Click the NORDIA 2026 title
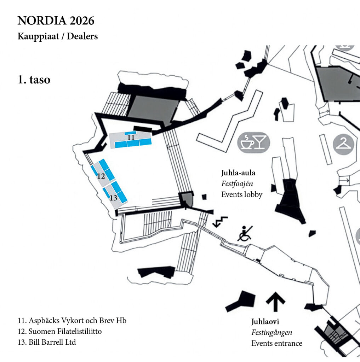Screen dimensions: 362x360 tap(56, 21)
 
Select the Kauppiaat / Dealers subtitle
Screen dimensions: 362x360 tap(57, 36)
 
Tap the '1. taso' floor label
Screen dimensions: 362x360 tap(34, 80)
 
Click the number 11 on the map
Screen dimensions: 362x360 tap(131, 138)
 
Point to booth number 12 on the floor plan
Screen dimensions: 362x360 tap(101, 176)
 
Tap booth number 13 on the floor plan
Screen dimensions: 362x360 tap(113, 198)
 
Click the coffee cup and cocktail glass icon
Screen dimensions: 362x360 tap(253, 143)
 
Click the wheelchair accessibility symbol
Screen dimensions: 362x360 tap(245, 234)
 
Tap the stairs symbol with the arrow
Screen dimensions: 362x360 tap(220, 222)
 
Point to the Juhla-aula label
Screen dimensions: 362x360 tap(238, 173)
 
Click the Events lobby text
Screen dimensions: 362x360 tap(242, 194)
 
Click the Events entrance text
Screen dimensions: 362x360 tap(277, 343)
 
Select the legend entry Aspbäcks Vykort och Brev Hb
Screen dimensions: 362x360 tap(72, 321)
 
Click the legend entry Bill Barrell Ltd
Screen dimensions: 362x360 tap(47, 342)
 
